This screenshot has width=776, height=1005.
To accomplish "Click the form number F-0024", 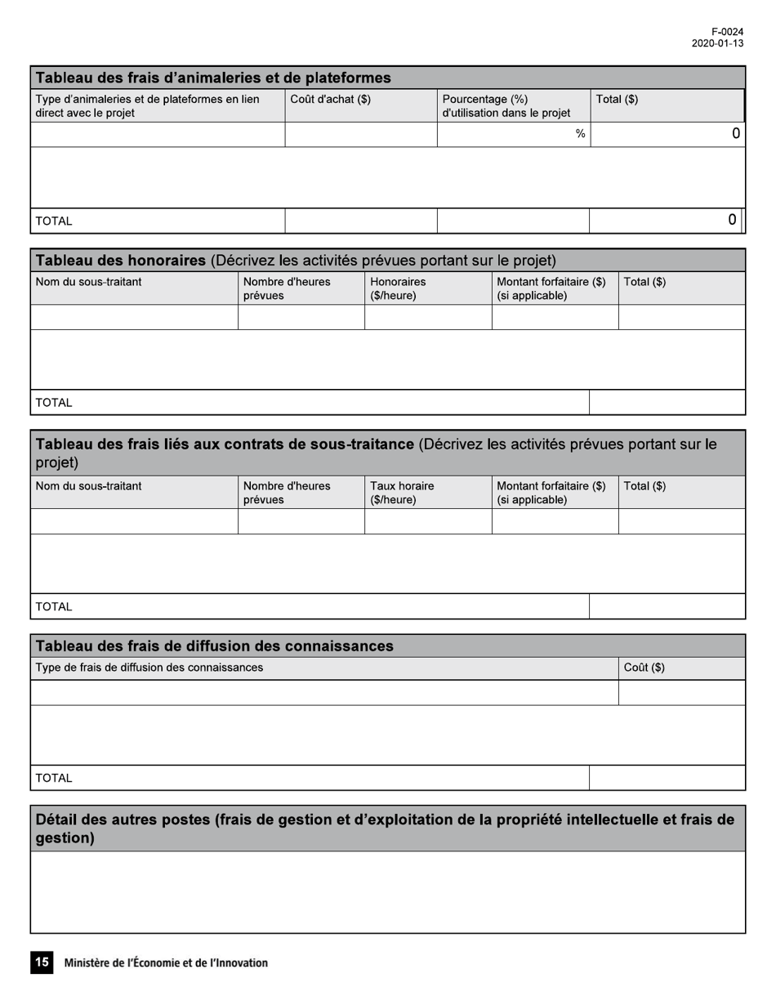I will click(727, 32).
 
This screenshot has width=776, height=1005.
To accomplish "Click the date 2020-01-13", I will click(717, 43).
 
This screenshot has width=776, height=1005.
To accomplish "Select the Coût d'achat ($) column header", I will click(330, 100).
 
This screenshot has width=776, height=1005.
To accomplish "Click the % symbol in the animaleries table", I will click(580, 134).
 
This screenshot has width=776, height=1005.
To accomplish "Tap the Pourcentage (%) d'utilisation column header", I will click(506, 106).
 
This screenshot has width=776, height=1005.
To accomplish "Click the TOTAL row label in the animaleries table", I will click(54, 221).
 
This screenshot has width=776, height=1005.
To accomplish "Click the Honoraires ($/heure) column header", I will click(398, 288).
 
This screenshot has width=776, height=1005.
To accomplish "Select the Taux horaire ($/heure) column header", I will click(402, 493).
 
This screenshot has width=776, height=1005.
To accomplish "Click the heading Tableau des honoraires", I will click(120, 261).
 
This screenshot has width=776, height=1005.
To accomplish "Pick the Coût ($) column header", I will click(644, 668).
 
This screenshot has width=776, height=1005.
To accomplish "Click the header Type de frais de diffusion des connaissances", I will click(149, 668).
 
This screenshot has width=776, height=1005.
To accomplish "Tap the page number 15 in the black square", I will click(42, 963).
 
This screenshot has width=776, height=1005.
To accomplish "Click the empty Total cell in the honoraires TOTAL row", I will click(667, 403).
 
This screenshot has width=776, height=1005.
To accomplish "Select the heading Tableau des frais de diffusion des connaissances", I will click(214, 646).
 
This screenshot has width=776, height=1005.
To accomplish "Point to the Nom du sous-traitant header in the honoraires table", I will click(88, 282).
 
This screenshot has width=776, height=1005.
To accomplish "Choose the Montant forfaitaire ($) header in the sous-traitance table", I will click(551, 493).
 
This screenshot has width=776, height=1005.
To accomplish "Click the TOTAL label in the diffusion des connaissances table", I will click(54, 779).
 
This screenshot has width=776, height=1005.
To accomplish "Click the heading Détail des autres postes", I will click(384, 829).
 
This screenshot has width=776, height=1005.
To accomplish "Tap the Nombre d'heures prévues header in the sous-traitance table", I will click(287, 493).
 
